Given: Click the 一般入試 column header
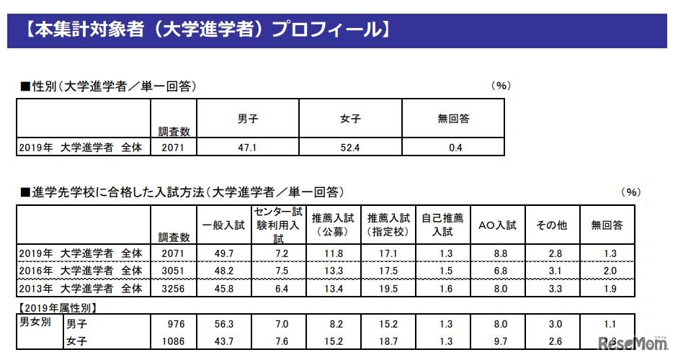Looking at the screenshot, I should click(x=224, y=225).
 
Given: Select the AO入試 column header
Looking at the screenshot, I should click(x=497, y=225).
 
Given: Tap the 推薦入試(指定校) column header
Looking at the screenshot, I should click(x=388, y=225).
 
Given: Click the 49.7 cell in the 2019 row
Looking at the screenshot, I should click(x=226, y=253).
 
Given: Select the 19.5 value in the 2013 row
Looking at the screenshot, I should click(x=389, y=289).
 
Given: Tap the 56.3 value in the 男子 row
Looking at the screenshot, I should click(x=226, y=325).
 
